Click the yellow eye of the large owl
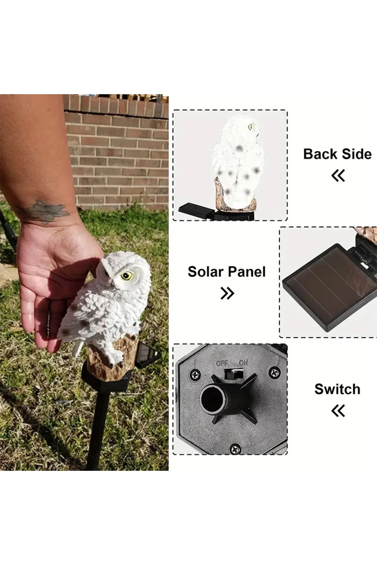click(x=127, y=276)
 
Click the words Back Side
click(x=337, y=154)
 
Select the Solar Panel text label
click(x=227, y=272)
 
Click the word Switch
click(x=337, y=389)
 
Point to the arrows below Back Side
click(x=338, y=175)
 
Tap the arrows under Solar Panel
click(x=227, y=293)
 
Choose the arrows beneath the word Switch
click(x=338, y=411)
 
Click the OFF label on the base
click(x=222, y=363)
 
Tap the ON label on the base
click(x=243, y=363)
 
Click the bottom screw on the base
click(x=235, y=449)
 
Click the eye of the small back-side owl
click(x=250, y=127)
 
